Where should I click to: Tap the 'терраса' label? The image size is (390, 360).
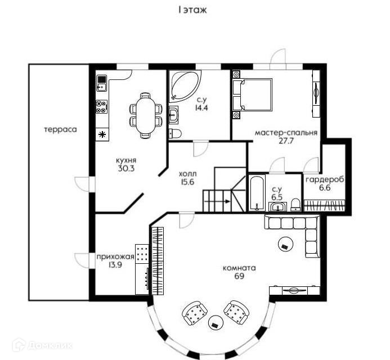[60, 129]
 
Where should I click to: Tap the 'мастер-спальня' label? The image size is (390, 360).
[286, 133]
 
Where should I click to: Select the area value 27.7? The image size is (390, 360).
[286, 141]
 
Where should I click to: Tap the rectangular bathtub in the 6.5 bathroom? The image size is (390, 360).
[257, 193]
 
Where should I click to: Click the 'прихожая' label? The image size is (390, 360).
[115, 256]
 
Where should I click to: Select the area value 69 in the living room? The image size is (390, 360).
[239, 277]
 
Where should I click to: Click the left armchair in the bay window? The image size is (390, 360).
[194, 312]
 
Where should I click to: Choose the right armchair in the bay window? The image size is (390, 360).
[236, 310]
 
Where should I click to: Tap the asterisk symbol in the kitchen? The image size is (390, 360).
[102, 134]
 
